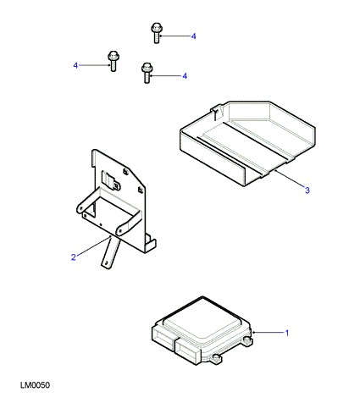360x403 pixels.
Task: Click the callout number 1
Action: click(x=287, y=333)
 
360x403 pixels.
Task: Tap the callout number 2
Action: click(x=74, y=257)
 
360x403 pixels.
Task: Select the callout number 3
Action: click(x=307, y=190)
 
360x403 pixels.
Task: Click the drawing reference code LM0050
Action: click(x=35, y=385)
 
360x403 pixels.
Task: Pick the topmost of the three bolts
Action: click(x=156, y=33)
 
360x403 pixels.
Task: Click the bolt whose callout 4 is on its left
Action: click(x=113, y=61)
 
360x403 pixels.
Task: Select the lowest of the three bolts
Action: click(x=147, y=73)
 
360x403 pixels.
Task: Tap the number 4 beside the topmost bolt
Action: click(x=193, y=36)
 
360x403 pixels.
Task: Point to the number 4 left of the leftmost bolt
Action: click(x=75, y=65)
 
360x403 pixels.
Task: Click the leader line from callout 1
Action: click(x=268, y=333)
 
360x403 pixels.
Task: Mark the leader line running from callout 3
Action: click(x=289, y=179)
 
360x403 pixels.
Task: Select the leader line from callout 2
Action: click(x=94, y=246)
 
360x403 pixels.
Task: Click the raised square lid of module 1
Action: click(x=202, y=318)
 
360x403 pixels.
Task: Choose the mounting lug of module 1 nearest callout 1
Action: click(x=247, y=340)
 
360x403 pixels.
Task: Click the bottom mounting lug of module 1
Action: click(x=216, y=359)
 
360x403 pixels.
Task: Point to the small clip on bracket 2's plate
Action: click(x=112, y=180)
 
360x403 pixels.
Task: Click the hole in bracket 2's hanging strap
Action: click(x=107, y=262)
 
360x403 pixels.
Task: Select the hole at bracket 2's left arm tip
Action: click(x=80, y=208)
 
